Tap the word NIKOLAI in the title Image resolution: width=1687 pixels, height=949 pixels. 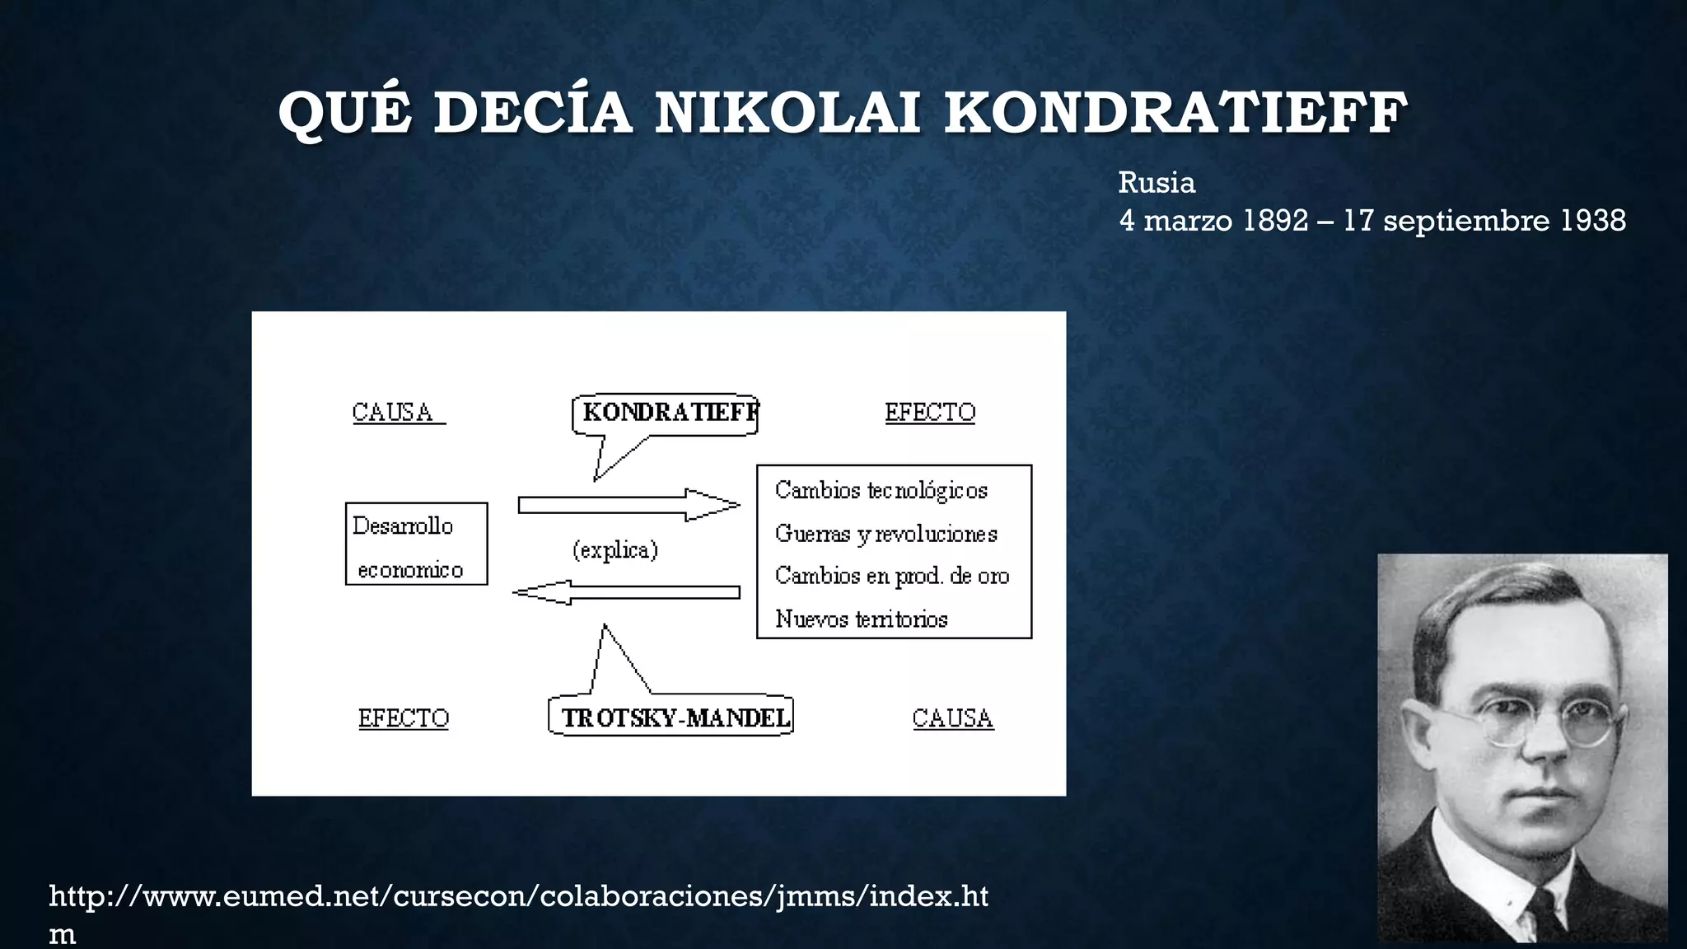point(787,113)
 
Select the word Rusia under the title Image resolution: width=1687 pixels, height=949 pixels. point(1157,183)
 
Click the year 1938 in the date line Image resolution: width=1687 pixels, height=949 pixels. point(1593,221)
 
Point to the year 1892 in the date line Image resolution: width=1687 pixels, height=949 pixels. point(1275,221)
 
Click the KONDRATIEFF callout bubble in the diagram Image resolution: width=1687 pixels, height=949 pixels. point(666,413)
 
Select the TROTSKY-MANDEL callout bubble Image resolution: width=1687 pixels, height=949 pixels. point(671,718)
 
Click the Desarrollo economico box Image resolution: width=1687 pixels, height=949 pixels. point(416,545)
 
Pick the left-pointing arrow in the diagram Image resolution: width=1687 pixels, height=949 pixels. point(626,591)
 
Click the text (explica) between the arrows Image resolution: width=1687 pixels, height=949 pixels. point(615,549)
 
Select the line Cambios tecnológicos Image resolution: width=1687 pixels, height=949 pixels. point(881,490)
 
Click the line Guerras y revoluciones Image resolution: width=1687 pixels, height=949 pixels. point(886,534)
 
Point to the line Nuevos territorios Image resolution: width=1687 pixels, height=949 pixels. point(862,619)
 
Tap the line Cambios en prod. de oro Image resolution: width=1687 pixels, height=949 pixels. point(892,576)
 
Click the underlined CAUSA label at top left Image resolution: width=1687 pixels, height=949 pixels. point(393,412)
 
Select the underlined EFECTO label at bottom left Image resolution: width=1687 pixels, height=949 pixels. point(404,718)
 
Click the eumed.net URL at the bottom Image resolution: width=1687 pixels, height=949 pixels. point(519,896)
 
